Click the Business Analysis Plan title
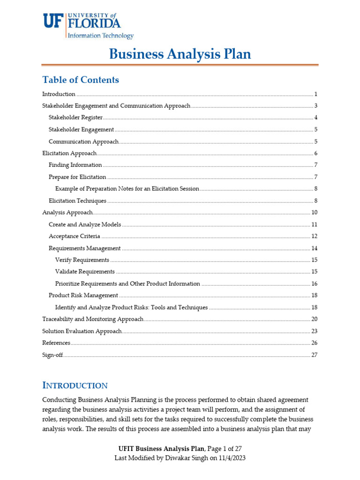pyautogui.click(x=180, y=54)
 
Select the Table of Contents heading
pyautogui.click(x=81, y=80)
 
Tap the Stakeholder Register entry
pyautogui.click(x=75, y=117)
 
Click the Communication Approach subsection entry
pyautogui.click(x=83, y=142)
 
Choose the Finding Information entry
pyautogui.click(x=75, y=165)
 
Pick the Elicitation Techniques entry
pyautogui.click(x=77, y=201)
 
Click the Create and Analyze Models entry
pyautogui.click(x=85, y=225)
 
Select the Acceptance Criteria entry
pyautogui.click(x=74, y=236)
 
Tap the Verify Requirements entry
pyautogui.click(x=82, y=260)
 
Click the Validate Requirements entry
pyautogui.click(x=85, y=272)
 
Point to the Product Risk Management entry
pyautogui.click(x=83, y=295)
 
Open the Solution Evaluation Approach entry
pyautogui.click(x=82, y=331)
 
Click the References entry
pyautogui.click(x=56, y=343)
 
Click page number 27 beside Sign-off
pyautogui.click(x=315, y=355)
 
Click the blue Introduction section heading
pyautogui.click(x=75, y=385)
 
